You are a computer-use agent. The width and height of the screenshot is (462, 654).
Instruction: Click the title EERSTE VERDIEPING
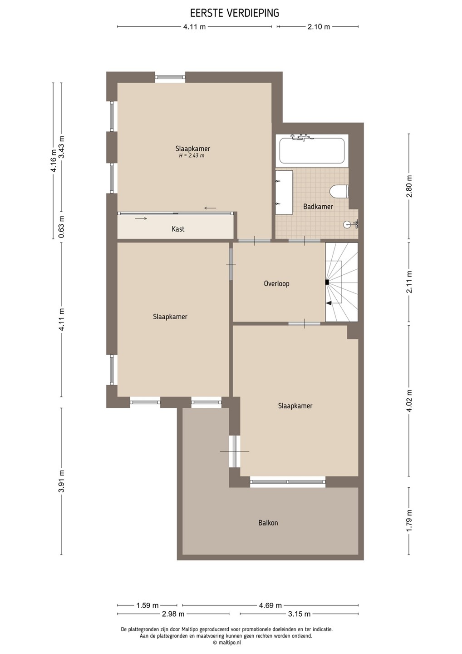point(235,13)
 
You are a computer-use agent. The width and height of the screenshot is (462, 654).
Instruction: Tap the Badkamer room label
point(318,207)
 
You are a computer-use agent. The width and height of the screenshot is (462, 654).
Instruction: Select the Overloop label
point(276,283)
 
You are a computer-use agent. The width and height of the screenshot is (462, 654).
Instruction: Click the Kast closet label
point(178,229)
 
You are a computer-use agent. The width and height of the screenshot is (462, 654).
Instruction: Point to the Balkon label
point(268,522)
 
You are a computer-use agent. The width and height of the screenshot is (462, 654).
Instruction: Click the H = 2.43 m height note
point(192,156)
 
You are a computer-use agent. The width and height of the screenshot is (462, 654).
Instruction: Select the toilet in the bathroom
point(339,192)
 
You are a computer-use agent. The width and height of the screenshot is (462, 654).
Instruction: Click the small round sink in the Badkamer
point(347,224)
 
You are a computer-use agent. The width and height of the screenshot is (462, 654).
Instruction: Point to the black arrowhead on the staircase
point(329,303)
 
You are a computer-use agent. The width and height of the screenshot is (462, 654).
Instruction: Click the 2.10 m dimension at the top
point(319,27)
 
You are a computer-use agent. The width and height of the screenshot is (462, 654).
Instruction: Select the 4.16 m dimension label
point(54,161)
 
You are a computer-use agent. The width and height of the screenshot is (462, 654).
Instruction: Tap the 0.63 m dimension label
point(61,227)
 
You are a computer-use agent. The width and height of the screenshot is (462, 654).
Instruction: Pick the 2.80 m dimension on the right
point(409,186)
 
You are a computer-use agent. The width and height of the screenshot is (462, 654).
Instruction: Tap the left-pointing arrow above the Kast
point(210,208)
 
